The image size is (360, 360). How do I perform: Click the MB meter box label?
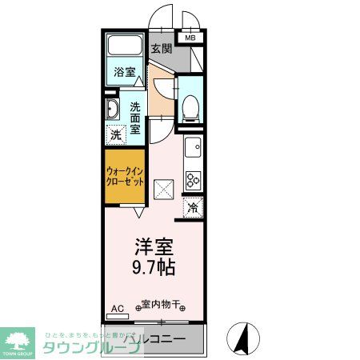(x=190, y=38)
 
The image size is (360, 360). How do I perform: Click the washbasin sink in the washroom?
(x=111, y=110)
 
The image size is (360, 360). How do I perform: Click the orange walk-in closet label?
(x=124, y=177)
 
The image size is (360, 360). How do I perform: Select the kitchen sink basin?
(x=194, y=148)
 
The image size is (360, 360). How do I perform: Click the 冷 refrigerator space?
(x=194, y=207)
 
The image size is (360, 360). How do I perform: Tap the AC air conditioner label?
(x=117, y=308)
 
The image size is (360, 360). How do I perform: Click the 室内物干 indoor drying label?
(x=161, y=305)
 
